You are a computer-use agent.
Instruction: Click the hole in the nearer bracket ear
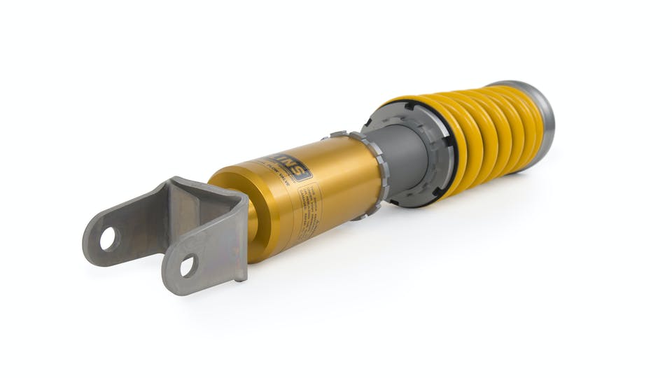[x=188, y=266]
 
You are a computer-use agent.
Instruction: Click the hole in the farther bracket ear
[x=108, y=239]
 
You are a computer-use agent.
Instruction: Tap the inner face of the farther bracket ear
[x=140, y=217]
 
